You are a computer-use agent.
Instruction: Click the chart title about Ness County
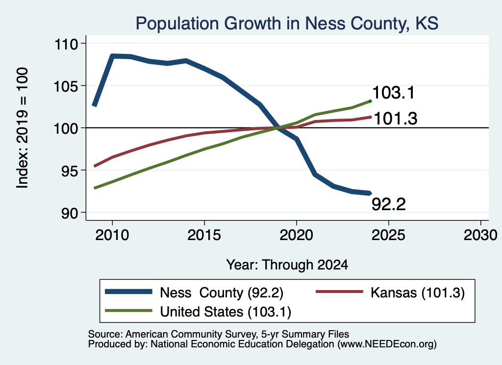point(287,24)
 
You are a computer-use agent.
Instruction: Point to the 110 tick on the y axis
point(67,44)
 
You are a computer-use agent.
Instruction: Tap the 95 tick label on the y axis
point(70,171)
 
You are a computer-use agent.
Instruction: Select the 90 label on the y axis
point(70,213)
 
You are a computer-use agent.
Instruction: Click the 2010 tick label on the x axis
point(112,235)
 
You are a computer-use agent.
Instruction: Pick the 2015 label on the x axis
point(204,235)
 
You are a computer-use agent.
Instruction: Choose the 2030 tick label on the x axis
point(480,235)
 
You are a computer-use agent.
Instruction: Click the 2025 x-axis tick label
point(388,235)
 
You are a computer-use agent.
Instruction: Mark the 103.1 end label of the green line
point(394,93)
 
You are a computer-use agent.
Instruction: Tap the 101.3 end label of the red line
point(396,119)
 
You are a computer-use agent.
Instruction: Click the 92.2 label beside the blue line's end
point(389,204)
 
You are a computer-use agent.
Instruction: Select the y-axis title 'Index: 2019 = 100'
point(22,128)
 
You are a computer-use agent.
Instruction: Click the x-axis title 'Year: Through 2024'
point(287,265)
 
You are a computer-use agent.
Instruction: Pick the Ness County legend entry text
point(222,292)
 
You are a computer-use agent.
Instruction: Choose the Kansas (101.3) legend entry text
point(418,292)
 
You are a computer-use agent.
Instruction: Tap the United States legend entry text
point(226,312)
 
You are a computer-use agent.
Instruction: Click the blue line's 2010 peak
point(112,56)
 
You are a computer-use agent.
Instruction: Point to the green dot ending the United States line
point(371,101)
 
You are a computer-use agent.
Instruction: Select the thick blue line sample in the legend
point(129,292)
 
